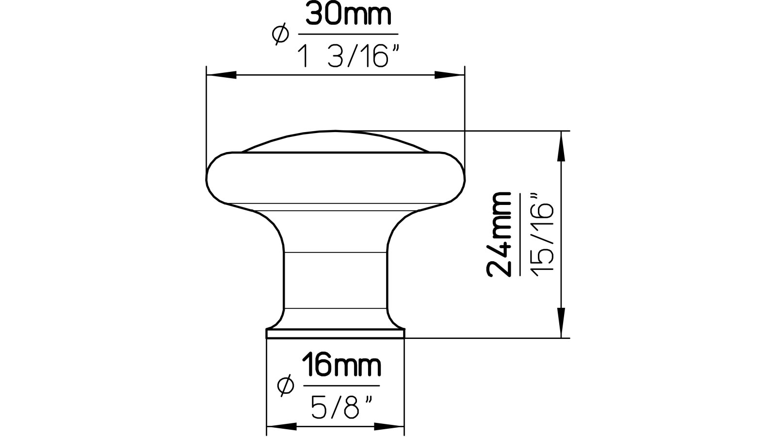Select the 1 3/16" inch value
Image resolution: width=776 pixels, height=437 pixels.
[347, 57]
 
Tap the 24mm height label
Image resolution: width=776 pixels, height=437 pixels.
[500, 234]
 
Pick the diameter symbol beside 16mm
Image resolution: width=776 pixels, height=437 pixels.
[286, 386]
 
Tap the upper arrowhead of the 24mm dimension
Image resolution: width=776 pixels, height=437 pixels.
[562, 146]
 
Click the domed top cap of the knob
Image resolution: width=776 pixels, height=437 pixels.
[336, 142]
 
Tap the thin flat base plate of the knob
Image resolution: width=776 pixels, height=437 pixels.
[336, 333]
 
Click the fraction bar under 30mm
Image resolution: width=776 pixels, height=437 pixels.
[347, 34]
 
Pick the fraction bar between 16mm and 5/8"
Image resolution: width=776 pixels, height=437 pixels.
[341, 386]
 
